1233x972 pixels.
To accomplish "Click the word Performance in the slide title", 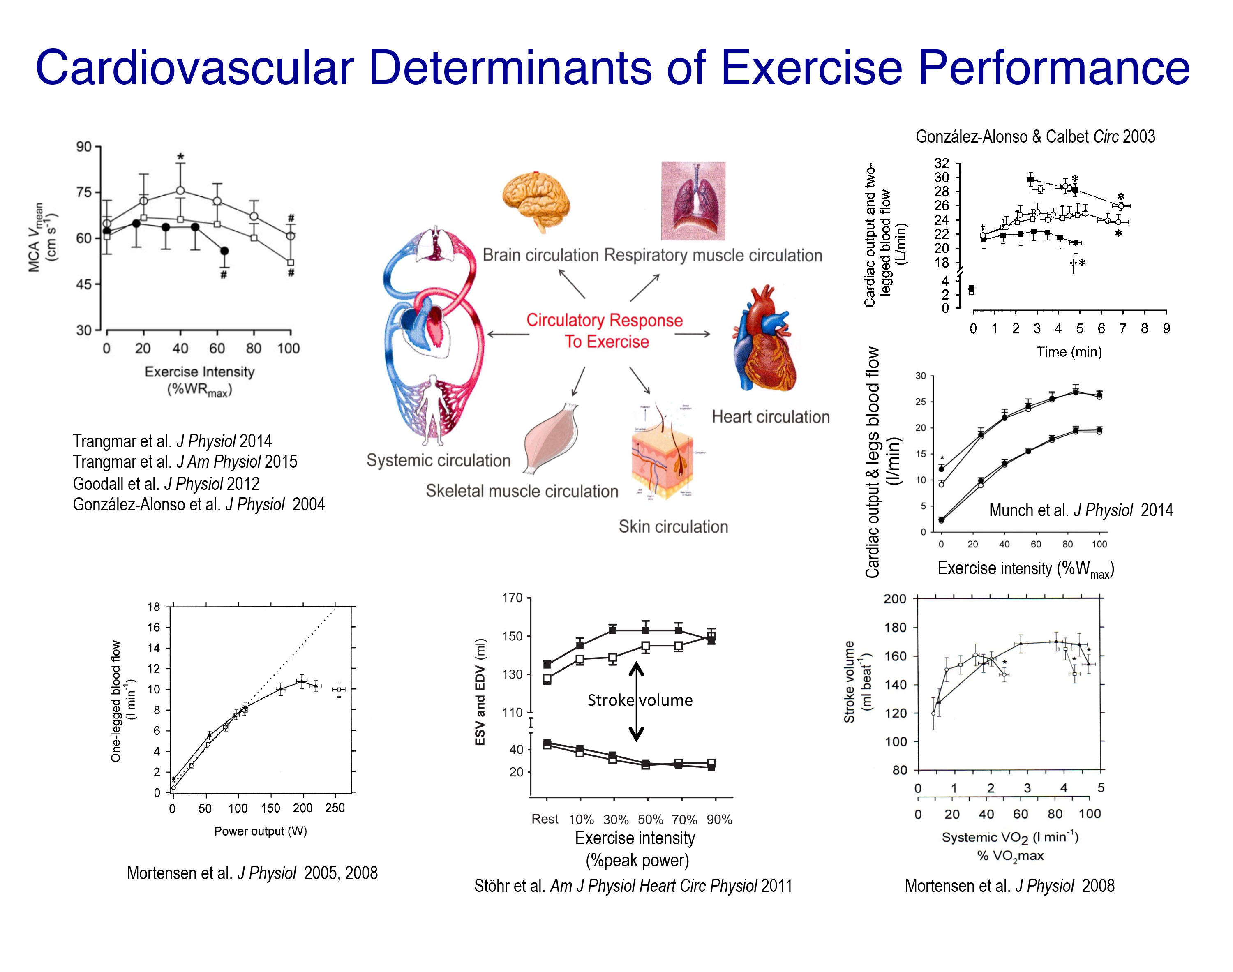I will (x=1054, y=68).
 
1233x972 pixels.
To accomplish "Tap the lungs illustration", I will (x=693, y=200).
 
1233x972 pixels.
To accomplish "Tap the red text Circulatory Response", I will (x=604, y=321).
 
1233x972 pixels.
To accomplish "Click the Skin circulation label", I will (x=673, y=526).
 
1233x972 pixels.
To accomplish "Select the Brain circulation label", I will (x=540, y=255).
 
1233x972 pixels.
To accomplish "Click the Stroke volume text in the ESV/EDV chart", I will (x=640, y=700).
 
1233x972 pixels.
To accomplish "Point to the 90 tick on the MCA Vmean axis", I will (x=84, y=147).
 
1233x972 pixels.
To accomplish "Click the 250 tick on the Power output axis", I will (x=335, y=808).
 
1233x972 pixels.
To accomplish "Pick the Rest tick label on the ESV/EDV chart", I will (x=545, y=819).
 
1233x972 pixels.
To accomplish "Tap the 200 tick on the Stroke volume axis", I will (x=894, y=599).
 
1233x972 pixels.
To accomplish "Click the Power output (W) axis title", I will (x=260, y=831).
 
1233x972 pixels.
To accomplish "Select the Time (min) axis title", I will (x=1069, y=352).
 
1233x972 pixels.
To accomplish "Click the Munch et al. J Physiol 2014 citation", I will (x=1081, y=510).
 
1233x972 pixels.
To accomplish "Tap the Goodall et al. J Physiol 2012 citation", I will (x=166, y=484).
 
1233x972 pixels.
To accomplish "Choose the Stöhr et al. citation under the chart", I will (x=633, y=886).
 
